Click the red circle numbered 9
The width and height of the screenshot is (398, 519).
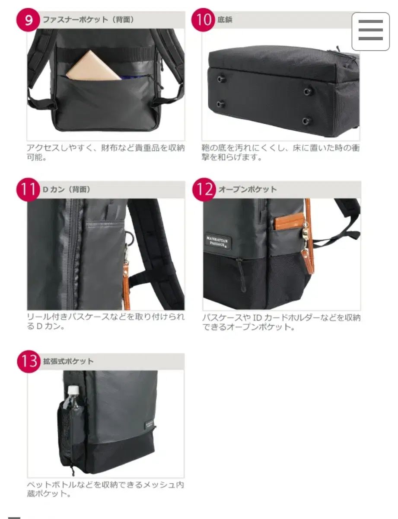coord(28,20)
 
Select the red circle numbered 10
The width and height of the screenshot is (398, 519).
coord(204,20)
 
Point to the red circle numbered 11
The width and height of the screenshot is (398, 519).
coord(28,190)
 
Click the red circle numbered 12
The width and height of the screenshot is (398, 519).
coord(204,190)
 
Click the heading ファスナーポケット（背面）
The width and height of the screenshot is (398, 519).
coord(88,19)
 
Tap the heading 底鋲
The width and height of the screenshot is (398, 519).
coord(225,19)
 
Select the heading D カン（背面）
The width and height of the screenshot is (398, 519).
coord(67,189)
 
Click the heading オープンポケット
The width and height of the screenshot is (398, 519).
coord(248,189)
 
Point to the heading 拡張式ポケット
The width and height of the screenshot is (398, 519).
coord(68,361)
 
